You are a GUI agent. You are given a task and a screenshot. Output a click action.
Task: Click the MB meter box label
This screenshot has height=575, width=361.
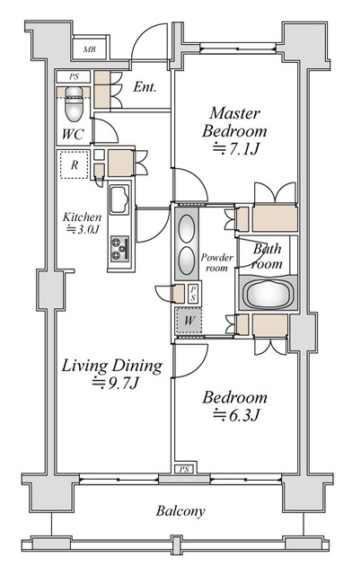pos(90,49)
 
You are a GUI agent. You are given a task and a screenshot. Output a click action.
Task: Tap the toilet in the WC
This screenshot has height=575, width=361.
pos(74,104)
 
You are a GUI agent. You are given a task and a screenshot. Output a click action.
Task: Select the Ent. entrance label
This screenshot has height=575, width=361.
pos(145,87)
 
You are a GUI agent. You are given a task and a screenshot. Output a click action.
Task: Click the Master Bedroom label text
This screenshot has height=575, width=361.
pos(234,122)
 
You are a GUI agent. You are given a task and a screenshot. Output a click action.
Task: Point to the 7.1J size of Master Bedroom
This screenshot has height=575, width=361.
pos(237,148)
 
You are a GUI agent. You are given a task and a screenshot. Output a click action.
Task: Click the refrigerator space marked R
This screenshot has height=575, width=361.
pos(75,164)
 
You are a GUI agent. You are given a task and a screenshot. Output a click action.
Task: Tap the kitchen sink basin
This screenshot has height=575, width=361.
pos(119,199)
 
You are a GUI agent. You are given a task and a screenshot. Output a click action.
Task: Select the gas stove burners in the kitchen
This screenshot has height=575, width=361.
pos(119,249)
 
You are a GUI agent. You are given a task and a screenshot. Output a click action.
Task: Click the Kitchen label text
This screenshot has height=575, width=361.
pos(82,217)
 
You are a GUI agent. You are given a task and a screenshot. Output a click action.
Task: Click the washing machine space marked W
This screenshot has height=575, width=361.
pos(189,321)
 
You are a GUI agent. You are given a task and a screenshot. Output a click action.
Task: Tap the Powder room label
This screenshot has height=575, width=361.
pos(217,262)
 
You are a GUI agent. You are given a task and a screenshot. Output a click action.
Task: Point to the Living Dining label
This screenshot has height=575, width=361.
pos(111,366)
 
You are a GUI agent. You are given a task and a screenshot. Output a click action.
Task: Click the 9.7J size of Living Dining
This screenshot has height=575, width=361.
pos(116,384)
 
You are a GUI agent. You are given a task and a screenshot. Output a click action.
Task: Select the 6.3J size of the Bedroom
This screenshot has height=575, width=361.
pos(237,415)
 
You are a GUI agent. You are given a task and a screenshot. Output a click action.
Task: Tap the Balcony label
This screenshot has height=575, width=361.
pos(180,511)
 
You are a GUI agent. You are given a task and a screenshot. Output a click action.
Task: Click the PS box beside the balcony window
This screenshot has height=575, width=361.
pos(184,469)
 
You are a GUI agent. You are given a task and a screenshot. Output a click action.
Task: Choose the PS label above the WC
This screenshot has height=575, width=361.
pos(74,77)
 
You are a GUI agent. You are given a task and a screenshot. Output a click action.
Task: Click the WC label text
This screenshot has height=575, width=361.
pos(73,134)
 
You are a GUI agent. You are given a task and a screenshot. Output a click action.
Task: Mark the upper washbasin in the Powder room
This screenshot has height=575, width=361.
pos(187,228)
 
